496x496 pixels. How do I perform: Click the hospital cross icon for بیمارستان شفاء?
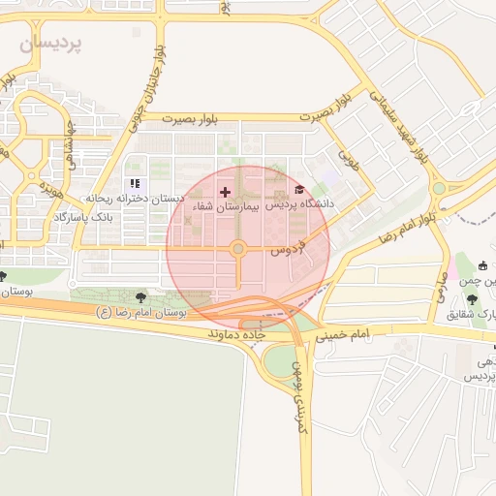click(226, 192)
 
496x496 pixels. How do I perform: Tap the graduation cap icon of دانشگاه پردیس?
click(299, 190)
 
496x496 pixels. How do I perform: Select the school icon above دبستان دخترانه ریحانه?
click(134, 183)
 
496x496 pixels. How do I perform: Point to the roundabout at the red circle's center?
click(237, 251)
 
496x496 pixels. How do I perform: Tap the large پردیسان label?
click(51, 44)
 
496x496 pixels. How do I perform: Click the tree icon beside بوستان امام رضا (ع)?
click(142, 297)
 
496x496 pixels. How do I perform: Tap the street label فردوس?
click(288, 244)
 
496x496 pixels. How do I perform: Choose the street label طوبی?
click(347, 158)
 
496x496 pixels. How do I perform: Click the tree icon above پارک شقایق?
click(471, 299)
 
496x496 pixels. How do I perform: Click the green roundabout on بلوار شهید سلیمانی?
click(439, 188)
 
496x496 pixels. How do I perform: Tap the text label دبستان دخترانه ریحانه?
click(135, 199)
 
